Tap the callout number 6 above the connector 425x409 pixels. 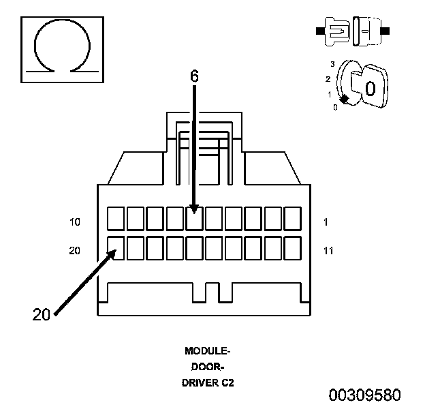(194, 76)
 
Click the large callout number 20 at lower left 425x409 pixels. (42, 315)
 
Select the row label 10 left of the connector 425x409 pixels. (75, 222)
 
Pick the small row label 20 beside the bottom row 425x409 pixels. (74, 250)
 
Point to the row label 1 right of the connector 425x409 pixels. (326, 222)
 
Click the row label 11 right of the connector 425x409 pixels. (328, 251)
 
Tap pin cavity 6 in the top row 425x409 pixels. (194, 219)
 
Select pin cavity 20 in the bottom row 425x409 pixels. (116, 248)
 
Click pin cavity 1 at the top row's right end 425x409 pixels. (293, 219)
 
